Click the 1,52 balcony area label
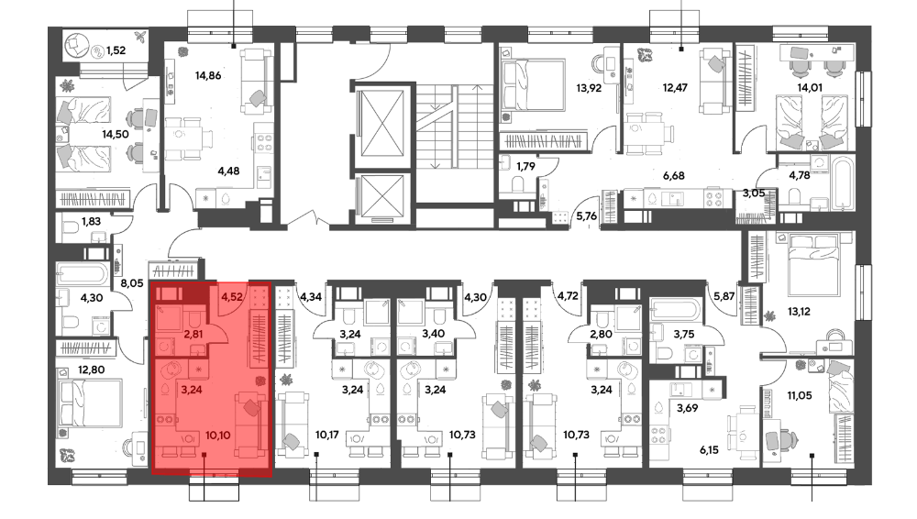(x=116, y=50)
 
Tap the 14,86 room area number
(x=208, y=75)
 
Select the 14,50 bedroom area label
(x=116, y=134)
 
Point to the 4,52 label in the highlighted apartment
(x=232, y=297)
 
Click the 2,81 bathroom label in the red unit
(x=193, y=335)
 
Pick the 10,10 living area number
(x=217, y=436)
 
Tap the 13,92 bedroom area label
(x=589, y=88)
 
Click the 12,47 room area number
(x=675, y=88)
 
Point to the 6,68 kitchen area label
(x=674, y=175)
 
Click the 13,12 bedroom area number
(x=799, y=312)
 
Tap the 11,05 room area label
(x=800, y=395)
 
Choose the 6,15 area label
(x=709, y=450)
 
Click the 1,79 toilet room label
(x=525, y=166)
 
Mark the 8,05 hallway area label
(x=131, y=283)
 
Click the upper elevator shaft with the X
(x=382, y=124)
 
